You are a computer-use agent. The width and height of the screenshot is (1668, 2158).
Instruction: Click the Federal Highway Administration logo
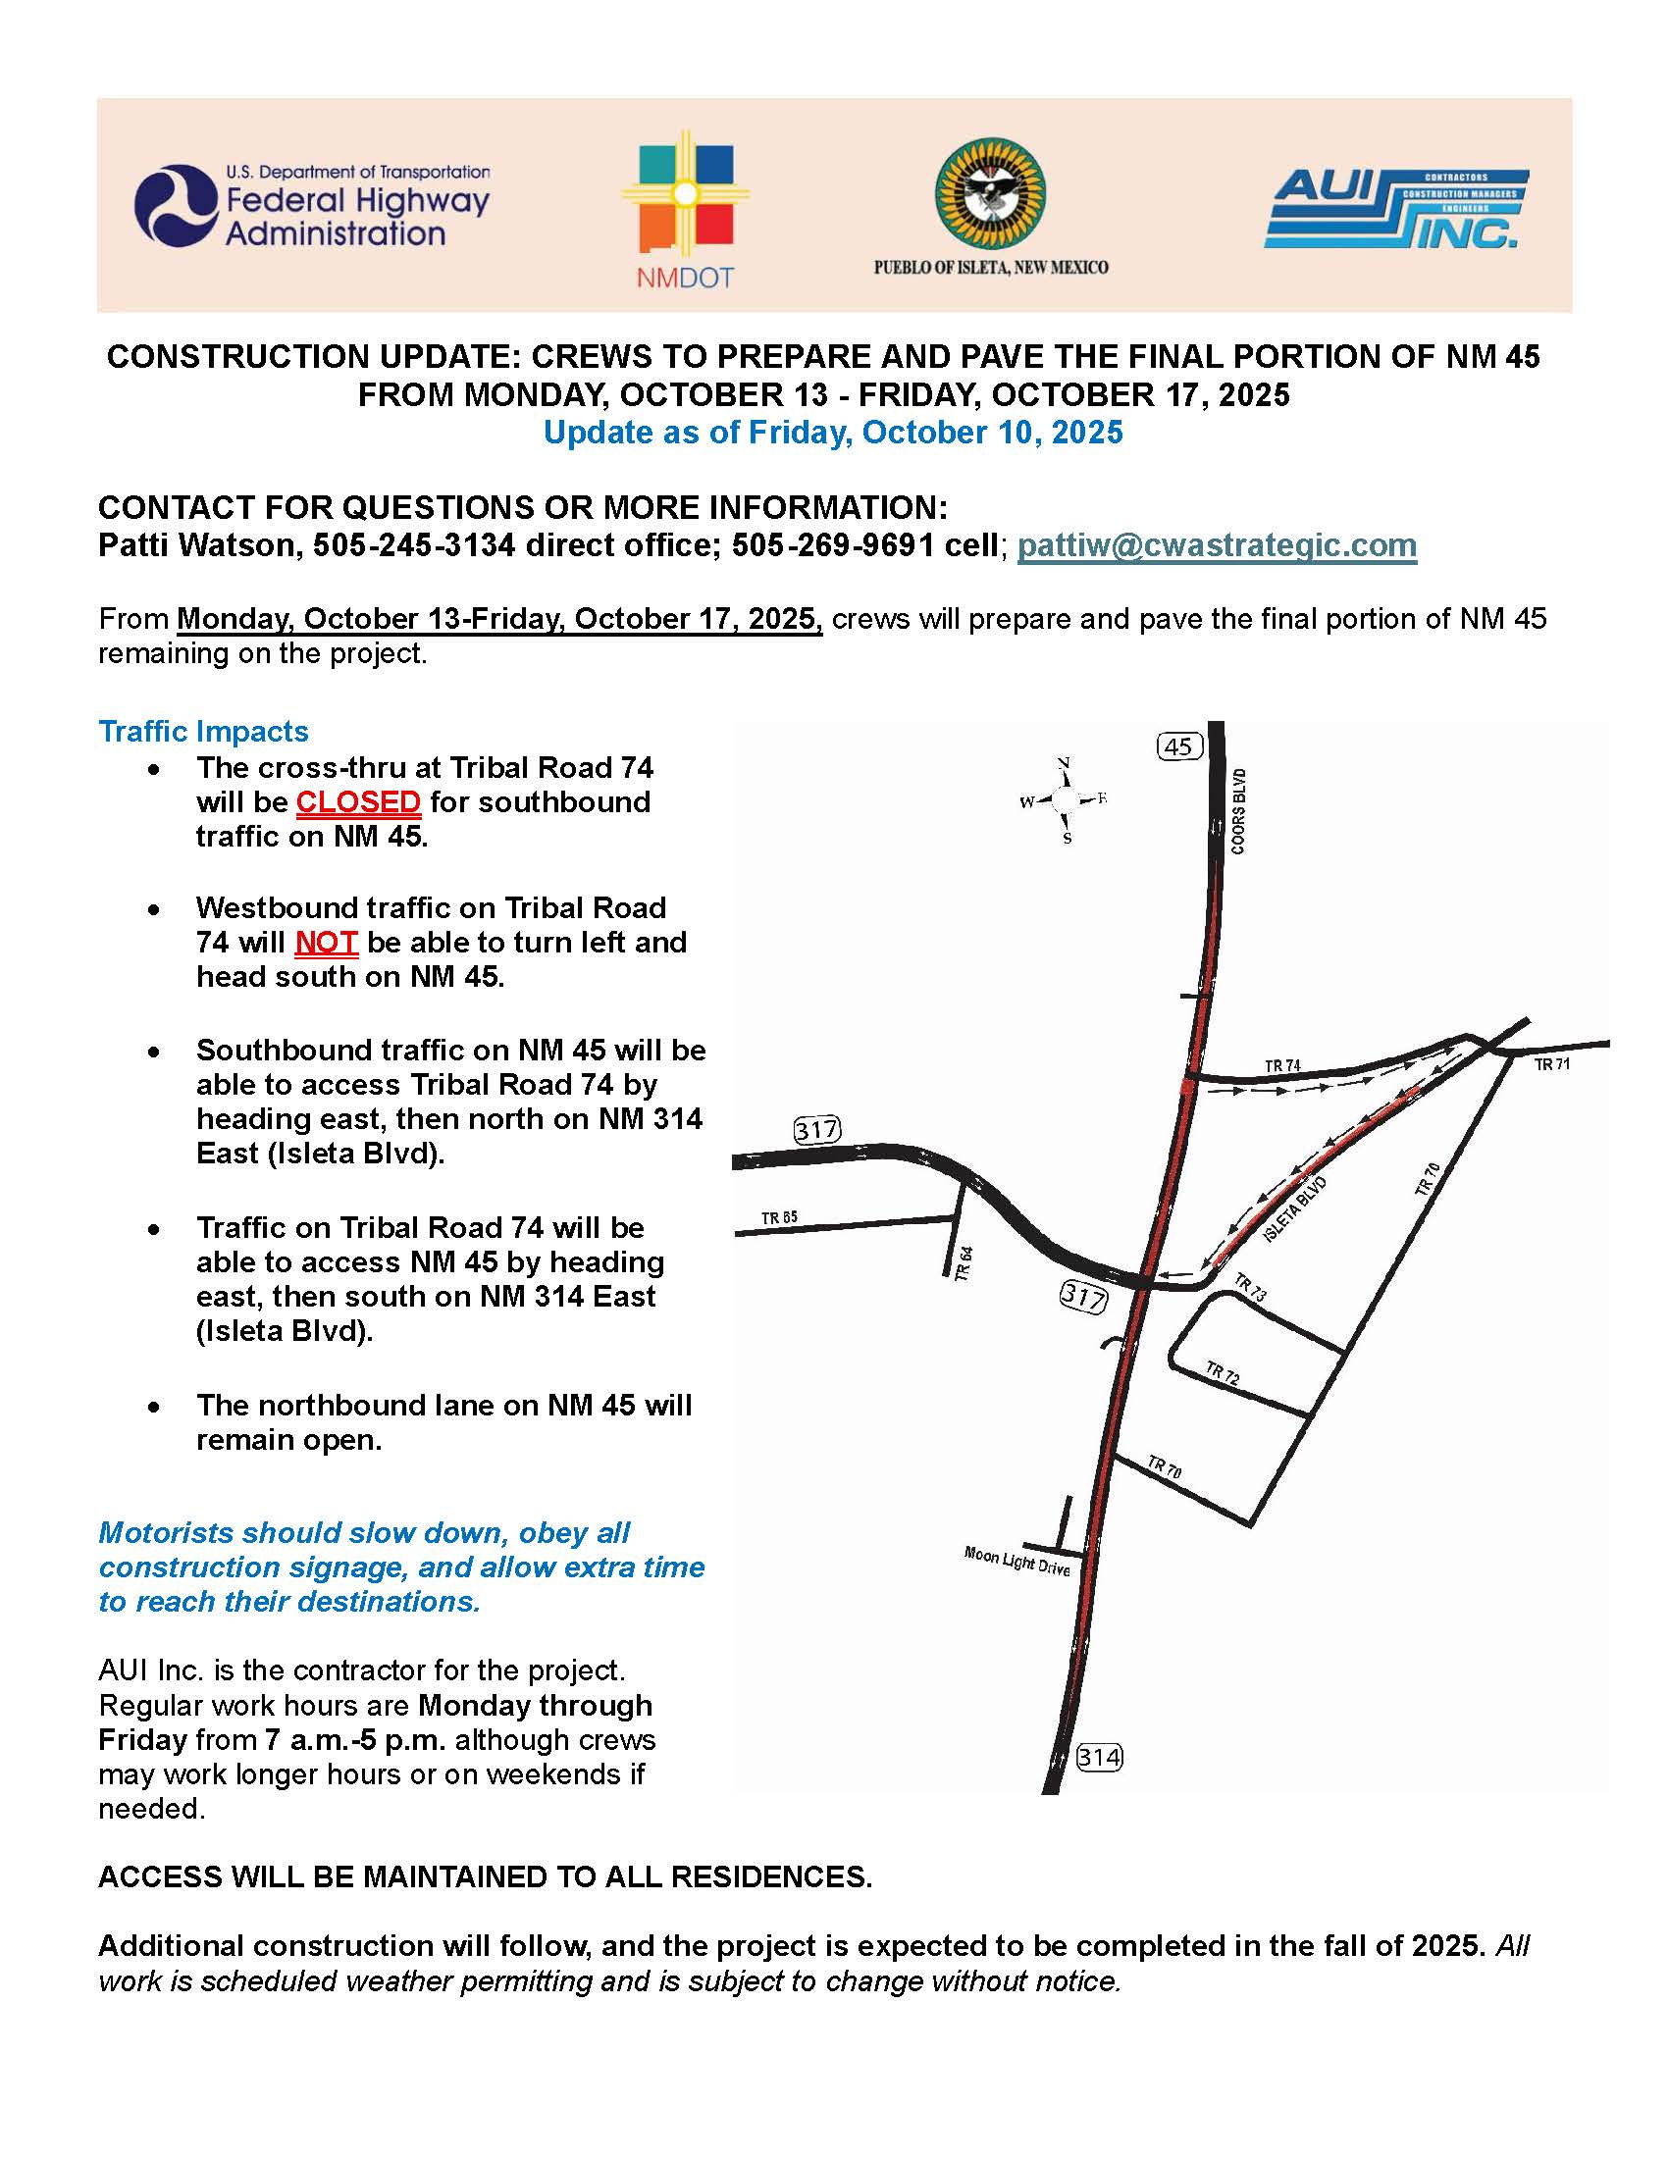pos(312,206)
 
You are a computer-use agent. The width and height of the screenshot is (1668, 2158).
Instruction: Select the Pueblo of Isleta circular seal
pos(990,193)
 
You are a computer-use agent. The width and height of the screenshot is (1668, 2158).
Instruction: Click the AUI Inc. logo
pos(1395,209)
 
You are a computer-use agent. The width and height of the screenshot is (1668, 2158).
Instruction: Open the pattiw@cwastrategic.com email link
pos(1217,545)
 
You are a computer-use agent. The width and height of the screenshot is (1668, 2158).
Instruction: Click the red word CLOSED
pos(359,801)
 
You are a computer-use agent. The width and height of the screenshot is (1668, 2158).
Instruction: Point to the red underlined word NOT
pos(326,942)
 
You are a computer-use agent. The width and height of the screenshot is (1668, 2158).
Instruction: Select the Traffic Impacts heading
pos(203,731)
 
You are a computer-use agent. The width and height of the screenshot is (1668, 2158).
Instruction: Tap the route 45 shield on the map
pos(1178,746)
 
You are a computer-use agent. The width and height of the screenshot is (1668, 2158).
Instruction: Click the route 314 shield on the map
pos(1099,1757)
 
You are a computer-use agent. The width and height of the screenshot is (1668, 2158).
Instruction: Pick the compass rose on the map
pos(1066,800)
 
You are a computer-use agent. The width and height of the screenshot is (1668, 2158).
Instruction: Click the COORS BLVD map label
pos(1238,811)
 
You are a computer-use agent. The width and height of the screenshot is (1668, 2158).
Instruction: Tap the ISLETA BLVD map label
pos(1294,1209)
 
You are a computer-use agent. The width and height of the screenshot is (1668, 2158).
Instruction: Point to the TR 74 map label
pos(1282,1065)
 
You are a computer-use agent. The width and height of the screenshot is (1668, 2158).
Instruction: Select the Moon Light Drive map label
pos(1016,1562)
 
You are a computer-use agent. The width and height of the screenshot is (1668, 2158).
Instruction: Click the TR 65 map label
pos(780,1217)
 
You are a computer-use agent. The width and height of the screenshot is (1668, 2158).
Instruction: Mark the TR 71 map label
pos(1551,1064)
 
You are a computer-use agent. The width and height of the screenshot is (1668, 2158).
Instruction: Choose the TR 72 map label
pos(1223,1373)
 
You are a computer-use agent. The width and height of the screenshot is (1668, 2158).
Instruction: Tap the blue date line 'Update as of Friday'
pos(833,433)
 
